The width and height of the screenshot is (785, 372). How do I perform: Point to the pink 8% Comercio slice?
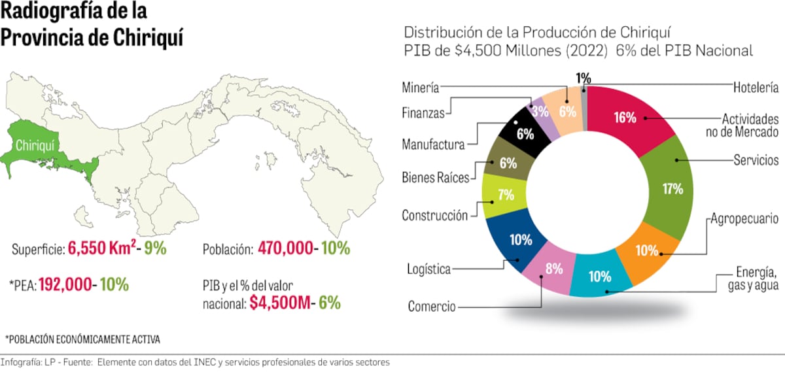point(546,269)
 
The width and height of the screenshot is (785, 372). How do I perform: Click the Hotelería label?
point(756,87)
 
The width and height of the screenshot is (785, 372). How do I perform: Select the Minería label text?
point(421,88)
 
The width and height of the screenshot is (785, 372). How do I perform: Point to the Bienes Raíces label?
point(435,178)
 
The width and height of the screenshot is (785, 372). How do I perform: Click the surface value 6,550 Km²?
point(108,249)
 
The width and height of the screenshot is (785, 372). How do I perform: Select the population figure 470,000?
point(293,248)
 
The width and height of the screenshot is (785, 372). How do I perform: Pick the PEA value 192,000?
point(68,285)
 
